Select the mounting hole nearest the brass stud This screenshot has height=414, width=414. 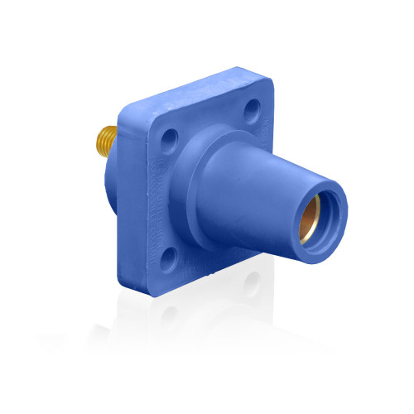(169, 136)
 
